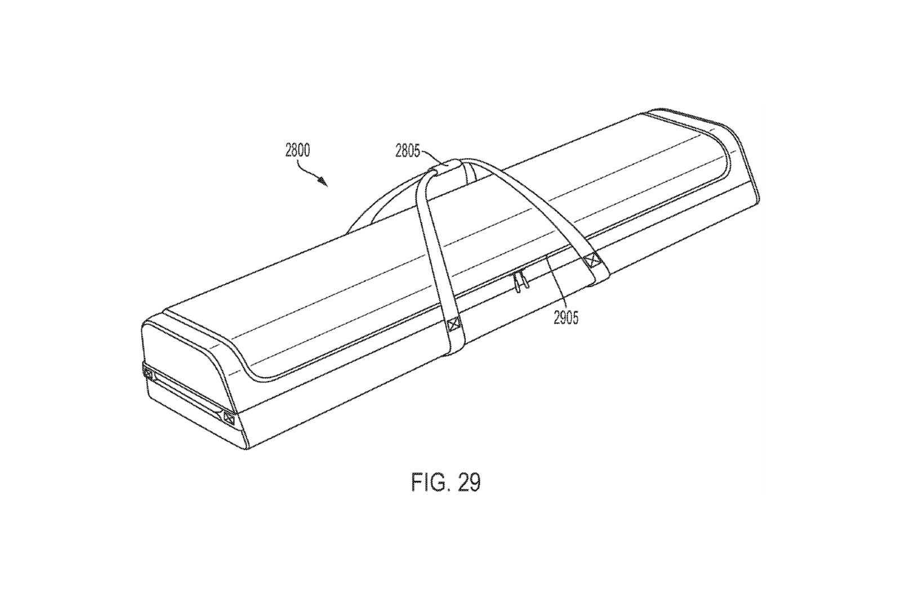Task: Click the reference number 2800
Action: pos(297,150)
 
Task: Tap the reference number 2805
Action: pos(408,151)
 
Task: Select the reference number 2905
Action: pos(566,318)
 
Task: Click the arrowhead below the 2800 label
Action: pos(323,182)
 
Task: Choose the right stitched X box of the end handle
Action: pos(229,418)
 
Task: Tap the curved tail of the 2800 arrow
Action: pos(308,172)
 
